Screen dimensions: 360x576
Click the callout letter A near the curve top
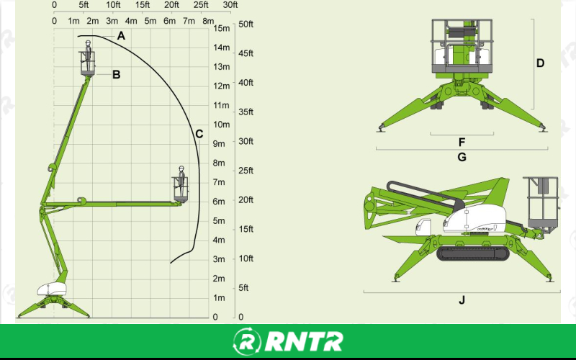click(x=121, y=35)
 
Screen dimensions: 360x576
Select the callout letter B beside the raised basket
click(x=116, y=73)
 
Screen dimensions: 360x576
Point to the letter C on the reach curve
click(x=199, y=133)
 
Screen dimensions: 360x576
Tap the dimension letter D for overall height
click(x=540, y=63)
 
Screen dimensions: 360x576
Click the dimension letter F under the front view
click(x=462, y=141)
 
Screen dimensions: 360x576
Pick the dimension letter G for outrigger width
click(x=462, y=156)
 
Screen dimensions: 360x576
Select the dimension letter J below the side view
click(x=462, y=300)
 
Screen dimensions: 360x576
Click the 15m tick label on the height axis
click(x=222, y=29)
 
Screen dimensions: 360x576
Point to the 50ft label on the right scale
click(x=246, y=24)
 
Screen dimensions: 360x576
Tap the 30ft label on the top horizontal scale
click(x=230, y=5)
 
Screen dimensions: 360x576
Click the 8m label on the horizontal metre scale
click(x=208, y=20)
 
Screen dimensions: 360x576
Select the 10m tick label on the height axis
click(x=222, y=125)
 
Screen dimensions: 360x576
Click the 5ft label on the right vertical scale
click(x=243, y=287)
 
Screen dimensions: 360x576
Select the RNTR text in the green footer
click(x=302, y=341)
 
